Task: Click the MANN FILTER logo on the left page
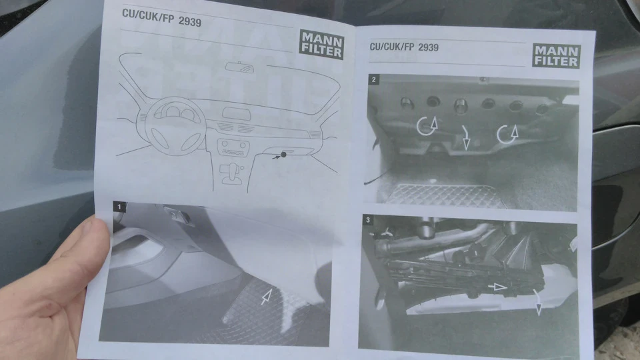click(321, 45)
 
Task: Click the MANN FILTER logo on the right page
click(556, 55)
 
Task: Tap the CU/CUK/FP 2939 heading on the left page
click(161, 17)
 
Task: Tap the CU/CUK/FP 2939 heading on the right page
click(404, 47)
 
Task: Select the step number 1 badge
click(119, 207)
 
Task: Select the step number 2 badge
click(373, 79)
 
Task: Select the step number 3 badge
click(368, 220)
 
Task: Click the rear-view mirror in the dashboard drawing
click(239, 67)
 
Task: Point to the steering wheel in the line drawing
click(175, 126)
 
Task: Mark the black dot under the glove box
click(283, 155)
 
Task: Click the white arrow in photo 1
click(266, 297)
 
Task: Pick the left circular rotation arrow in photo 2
click(427, 126)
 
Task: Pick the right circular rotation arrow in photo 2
click(507, 134)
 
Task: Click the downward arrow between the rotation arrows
click(466, 137)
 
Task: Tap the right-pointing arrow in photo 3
click(497, 287)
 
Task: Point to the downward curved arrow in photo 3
click(537, 303)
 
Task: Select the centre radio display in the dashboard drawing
click(236, 113)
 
